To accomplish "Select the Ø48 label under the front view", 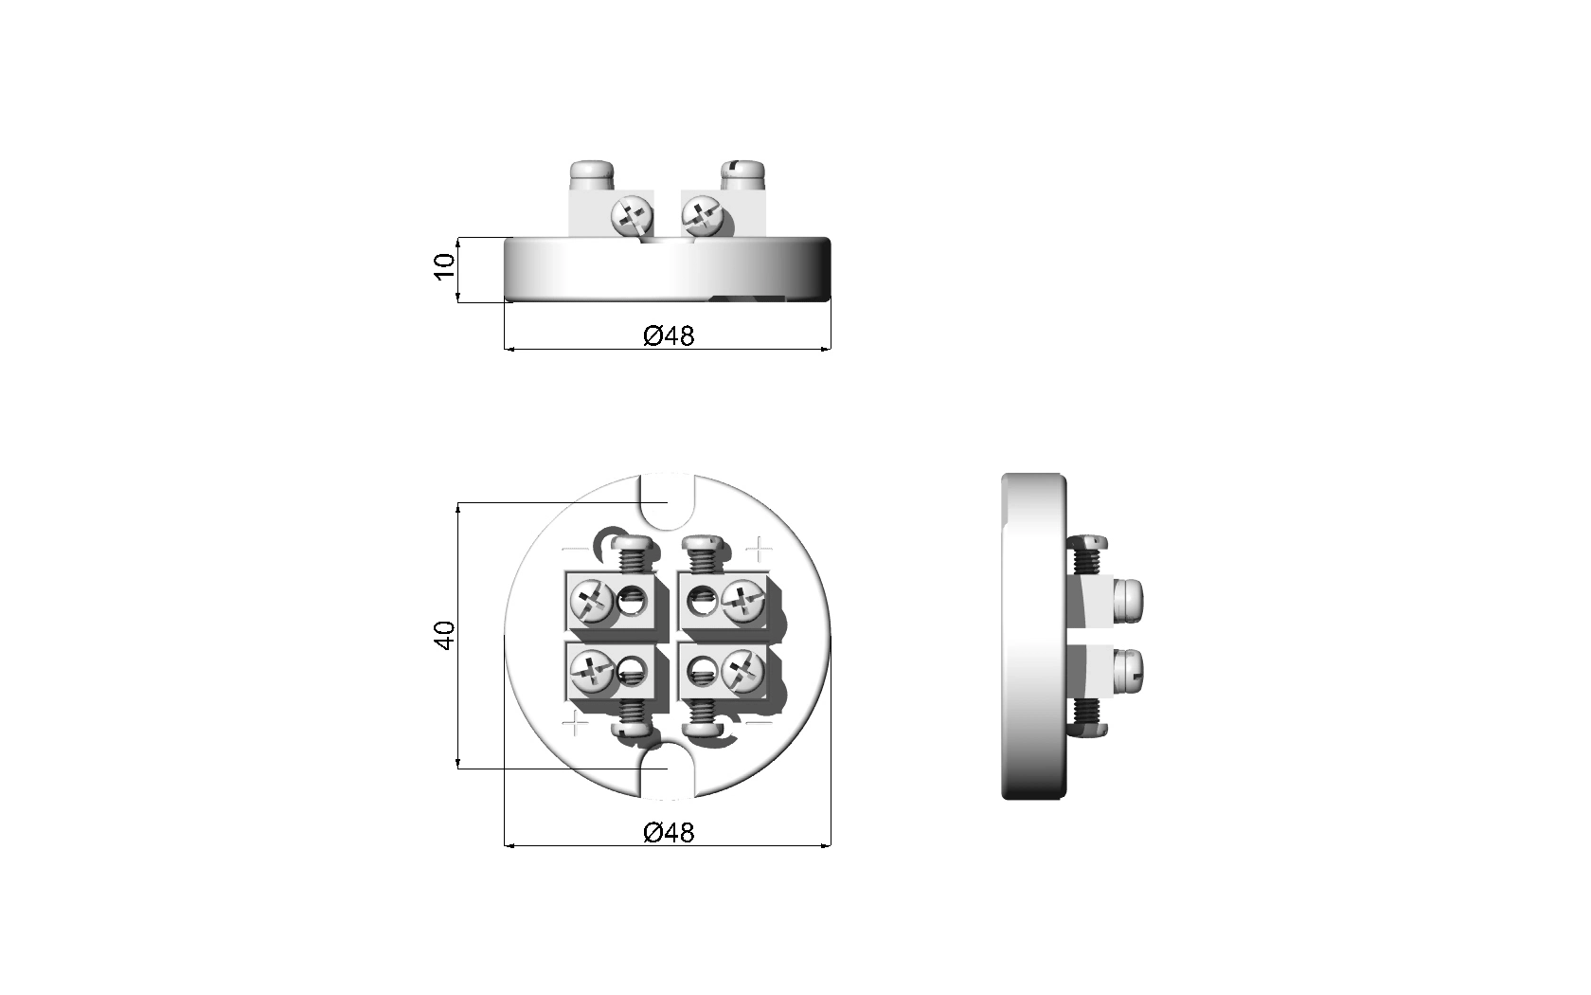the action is [669, 335].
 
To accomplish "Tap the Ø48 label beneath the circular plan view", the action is [669, 832].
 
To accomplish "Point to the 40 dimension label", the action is [445, 635].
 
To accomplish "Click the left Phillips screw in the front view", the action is [633, 216].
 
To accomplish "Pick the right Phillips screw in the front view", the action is [702, 216].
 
